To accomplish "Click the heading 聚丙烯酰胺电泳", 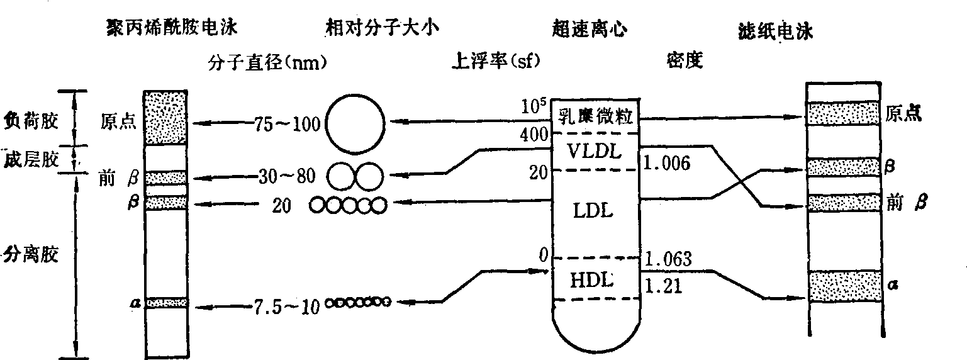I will point(174,28).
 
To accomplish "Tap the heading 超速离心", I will point(588,29).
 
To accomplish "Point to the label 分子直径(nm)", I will point(267,62).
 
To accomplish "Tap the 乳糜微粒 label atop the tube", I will point(594,117).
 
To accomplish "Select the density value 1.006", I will point(668,164).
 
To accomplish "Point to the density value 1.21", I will point(663,286).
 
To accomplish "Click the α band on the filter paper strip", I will point(844,285).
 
